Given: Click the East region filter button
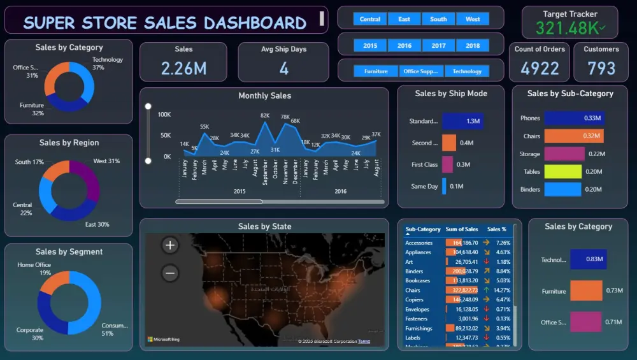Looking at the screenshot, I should click(404, 19).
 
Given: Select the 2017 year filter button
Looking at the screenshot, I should click(438, 46).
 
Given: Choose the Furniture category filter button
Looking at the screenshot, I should click(376, 71).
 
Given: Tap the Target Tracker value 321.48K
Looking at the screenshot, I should click(567, 28).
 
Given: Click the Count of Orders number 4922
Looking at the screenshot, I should click(540, 68).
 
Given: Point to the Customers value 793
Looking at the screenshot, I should click(601, 68).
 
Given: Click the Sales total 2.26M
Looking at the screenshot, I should click(183, 69).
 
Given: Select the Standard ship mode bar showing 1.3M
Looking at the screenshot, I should click(462, 121).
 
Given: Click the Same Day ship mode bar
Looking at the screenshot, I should click(444, 186).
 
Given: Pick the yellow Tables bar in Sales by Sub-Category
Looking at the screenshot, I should click(562, 171).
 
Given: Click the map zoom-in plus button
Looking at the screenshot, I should click(170, 245).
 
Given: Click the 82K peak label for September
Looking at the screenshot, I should click(265, 115).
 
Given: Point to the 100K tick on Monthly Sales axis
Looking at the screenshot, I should click(164, 115).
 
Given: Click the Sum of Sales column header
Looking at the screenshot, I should click(462, 229).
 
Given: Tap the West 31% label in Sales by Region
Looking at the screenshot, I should click(106, 161).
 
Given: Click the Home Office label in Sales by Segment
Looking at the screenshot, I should click(34, 265).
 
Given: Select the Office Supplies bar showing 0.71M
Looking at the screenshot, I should click(585, 322).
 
